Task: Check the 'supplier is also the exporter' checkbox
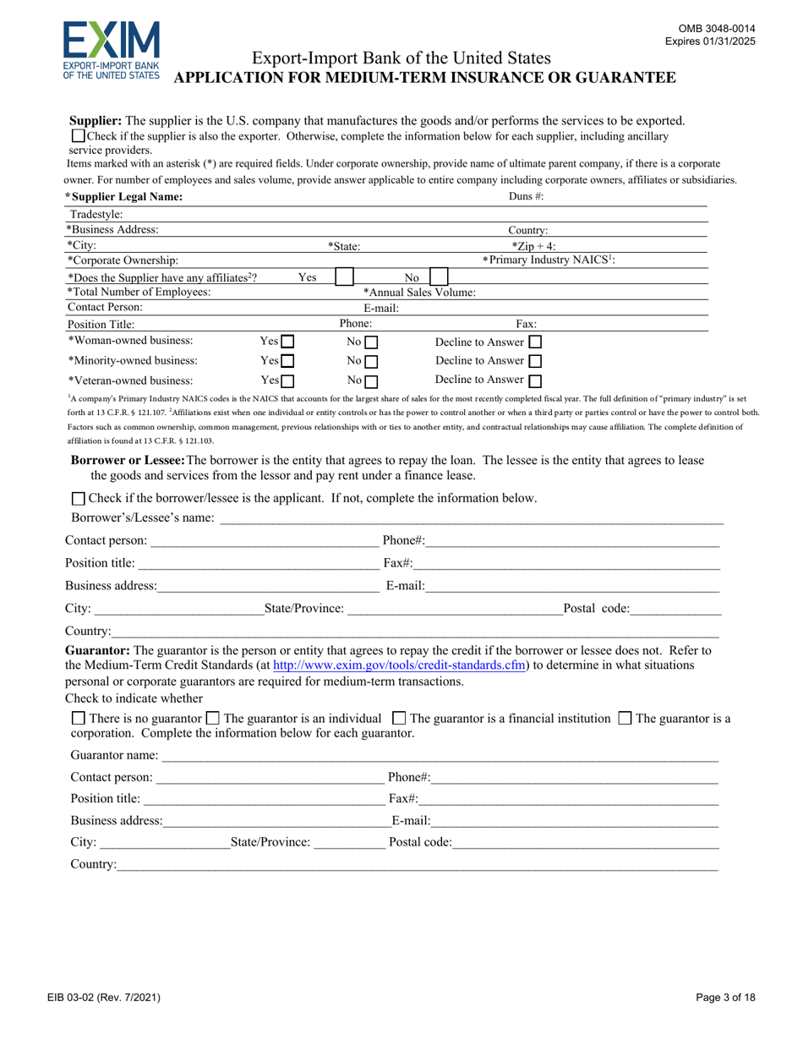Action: coord(78,135)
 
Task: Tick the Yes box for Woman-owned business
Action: coord(287,342)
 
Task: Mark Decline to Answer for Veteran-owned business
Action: coord(534,381)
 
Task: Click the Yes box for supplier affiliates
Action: coord(345,276)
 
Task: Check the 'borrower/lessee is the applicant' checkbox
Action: coord(79,499)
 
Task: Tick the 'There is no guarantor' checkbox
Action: coord(78,719)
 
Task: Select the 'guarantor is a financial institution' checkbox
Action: coord(400,719)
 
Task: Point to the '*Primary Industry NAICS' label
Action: coord(548,260)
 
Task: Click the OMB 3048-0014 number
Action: coord(721,28)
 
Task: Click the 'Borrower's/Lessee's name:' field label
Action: coord(139,517)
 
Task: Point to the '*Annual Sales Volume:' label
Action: coord(419,292)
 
